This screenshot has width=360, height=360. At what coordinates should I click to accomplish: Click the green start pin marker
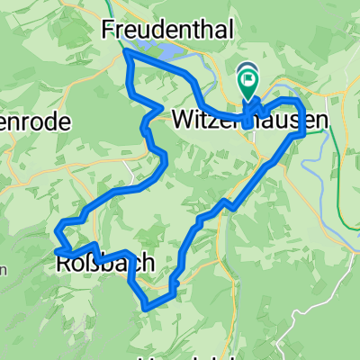pos(248,83)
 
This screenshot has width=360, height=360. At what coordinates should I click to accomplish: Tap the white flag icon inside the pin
pos(248,78)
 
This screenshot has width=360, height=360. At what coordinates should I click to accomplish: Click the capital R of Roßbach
pos(63,264)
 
